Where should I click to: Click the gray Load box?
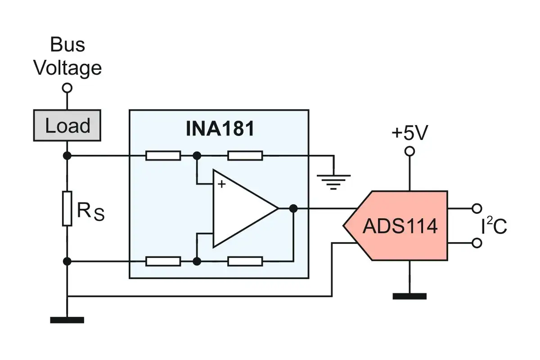click(x=67, y=126)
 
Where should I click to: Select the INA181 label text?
click(x=220, y=129)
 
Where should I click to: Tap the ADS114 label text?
click(x=400, y=226)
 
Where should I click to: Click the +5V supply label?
click(x=410, y=132)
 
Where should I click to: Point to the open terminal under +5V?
click(x=409, y=152)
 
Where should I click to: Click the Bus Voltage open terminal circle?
click(x=67, y=88)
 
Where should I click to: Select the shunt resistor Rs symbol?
click(x=67, y=208)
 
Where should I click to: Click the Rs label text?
click(x=90, y=211)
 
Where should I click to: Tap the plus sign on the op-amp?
click(x=221, y=184)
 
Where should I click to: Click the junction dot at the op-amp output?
click(x=293, y=208)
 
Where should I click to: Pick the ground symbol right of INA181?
click(x=333, y=182)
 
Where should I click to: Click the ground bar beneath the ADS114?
click(x=409, y=296)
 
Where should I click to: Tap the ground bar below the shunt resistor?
click(x=67, y=320)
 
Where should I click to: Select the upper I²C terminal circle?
click(x=477, y=208)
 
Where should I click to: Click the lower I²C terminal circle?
click(x=477, y=243)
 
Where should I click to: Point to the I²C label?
click(x=494, y=225)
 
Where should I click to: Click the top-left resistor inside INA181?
click(x=163, y=156)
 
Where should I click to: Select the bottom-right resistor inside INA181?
click(x=245, y=261)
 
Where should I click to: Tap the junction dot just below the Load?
click(x=67, y=156)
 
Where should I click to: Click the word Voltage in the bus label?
click(x=67, y=68)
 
